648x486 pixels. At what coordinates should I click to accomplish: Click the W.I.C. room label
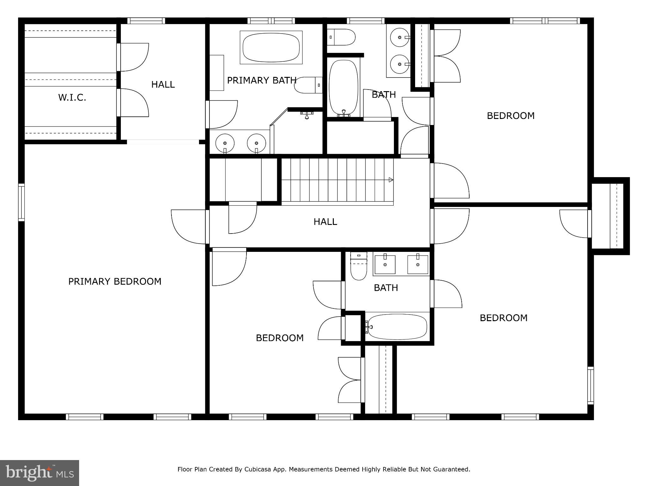pyautogui.click(x=72, y=97)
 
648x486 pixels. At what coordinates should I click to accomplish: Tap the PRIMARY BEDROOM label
pyautogui.click(x=115, y=281)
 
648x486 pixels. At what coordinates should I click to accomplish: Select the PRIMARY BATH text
pyautogui.click(x=262, y=80)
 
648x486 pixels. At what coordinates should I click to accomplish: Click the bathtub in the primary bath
pyautogui.click(x=271, y=47)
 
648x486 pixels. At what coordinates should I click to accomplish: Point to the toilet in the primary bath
pyautogui.click(x=308, y=85)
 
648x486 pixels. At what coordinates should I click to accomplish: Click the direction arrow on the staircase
pyautogui.click(x=391, y=180)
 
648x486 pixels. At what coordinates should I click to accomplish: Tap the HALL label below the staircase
pyautogui.click(x=325, y=221)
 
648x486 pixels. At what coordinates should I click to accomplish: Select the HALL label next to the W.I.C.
pyautogui.click(x=163, y=84)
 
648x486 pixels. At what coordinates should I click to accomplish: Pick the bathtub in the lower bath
pyautogui.click(x=397, y=327)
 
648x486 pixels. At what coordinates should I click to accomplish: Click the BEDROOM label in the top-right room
pyautogui.click(x=511, y=116)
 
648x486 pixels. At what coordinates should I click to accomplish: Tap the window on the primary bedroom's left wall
pyautogui.click(x=21, y=202)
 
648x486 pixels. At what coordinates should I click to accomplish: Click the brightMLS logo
pyautogui.click(x=39, y=473)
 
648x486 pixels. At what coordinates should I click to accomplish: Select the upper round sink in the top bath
pyautogui.click(x=400, y=37)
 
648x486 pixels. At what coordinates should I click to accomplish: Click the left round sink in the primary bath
pyautogui.click(x=225, y=143)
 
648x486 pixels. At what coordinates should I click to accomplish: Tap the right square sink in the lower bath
pyautogui.click(x=418, y=264)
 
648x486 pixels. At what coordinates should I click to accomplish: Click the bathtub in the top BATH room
pyautogui.click(x=343, y=87)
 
